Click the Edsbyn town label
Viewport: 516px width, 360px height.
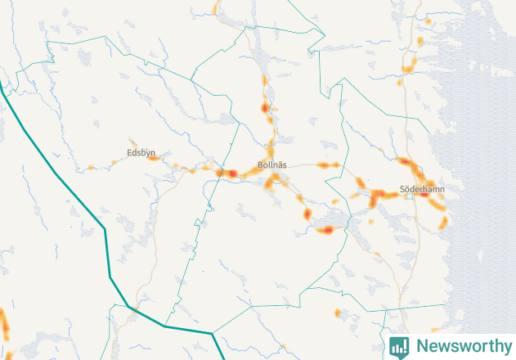coord(141,153)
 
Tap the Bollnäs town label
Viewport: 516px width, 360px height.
coord(272,164)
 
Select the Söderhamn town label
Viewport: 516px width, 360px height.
coord(422,189)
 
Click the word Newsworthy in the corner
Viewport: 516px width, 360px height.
coord(461,346)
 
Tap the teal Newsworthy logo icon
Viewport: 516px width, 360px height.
coord(400,346)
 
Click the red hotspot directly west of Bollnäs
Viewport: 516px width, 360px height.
coord(232,173)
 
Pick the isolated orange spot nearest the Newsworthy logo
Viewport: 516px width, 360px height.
coord(339,313)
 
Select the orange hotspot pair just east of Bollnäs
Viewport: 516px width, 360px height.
coord(329,165)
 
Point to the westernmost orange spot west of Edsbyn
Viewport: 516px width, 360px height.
coord(90,168)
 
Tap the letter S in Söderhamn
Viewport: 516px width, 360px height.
coord(403,189)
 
